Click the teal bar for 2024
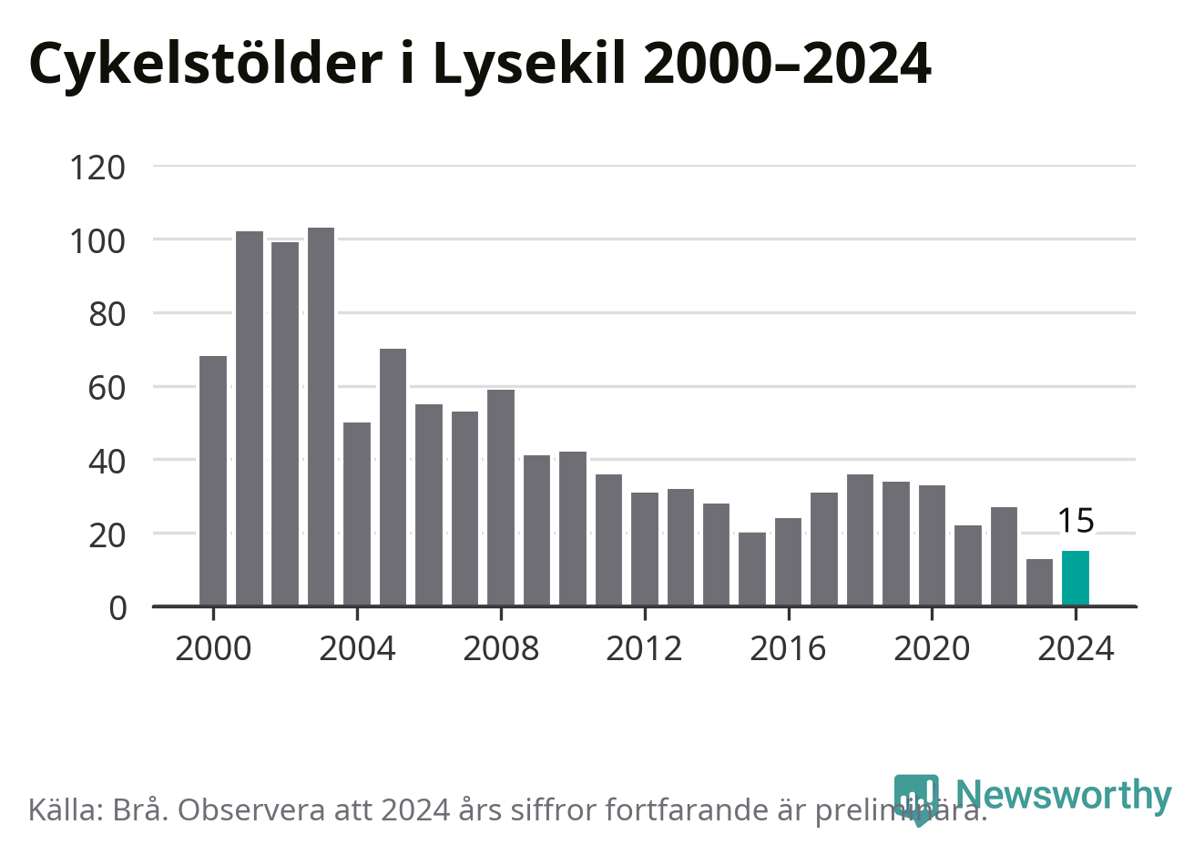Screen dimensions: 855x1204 [1076, 578]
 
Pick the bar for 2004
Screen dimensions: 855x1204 [357, 514]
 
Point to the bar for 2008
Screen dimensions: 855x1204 [501, 498]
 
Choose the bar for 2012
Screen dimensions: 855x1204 [645, 549]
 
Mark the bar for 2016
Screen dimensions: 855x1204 [788, 562]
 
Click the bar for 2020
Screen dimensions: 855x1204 [932, 545]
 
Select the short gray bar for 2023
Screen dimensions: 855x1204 [1039, 582]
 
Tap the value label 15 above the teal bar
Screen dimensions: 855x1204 [1076, 521]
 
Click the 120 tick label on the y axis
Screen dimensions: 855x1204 [97, 168]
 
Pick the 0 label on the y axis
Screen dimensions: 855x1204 [117, 607]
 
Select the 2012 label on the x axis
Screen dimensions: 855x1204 [644, 649]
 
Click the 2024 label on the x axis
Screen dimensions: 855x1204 [1076, 649]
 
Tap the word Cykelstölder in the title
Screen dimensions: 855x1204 [205, 64]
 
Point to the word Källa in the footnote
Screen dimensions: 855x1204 [66, 809]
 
